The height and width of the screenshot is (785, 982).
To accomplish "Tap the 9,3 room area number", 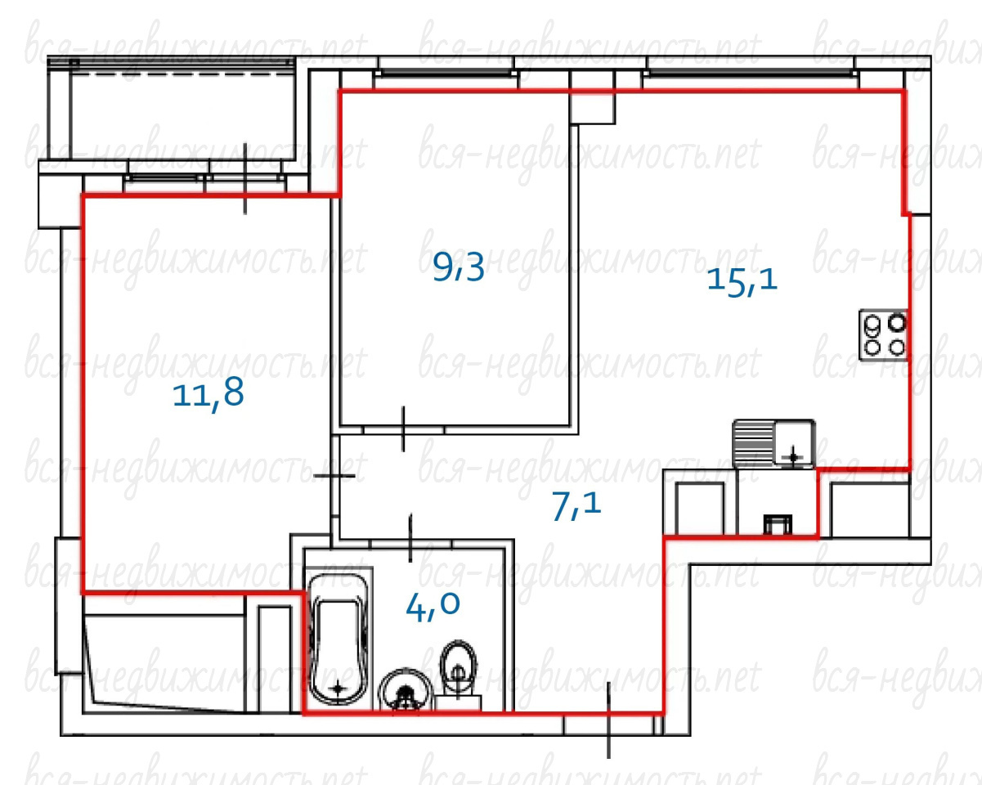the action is (x=459, y=267).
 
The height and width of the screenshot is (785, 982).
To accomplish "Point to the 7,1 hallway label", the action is (x=576, y=506).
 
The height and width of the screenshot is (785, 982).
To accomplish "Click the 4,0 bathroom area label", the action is (x=433, y=607).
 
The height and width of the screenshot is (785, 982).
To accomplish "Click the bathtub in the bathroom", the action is (x=339, y=639).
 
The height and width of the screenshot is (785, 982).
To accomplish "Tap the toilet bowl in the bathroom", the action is (x=459, y=675).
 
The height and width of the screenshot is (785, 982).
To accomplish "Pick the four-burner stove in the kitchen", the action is (x=883, y=335).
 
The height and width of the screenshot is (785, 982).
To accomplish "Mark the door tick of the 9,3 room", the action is (x=403, y=429).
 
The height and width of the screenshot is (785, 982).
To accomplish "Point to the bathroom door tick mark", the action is (x=410, y=537).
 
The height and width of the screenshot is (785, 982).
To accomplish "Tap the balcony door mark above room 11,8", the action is (x=245, y=178).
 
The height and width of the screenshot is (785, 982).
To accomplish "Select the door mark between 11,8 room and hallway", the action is (x=334, y=476).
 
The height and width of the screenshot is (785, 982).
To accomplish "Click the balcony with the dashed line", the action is (x=182, y=110).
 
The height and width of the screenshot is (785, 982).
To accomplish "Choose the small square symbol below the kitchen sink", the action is (x=778, y=524).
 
